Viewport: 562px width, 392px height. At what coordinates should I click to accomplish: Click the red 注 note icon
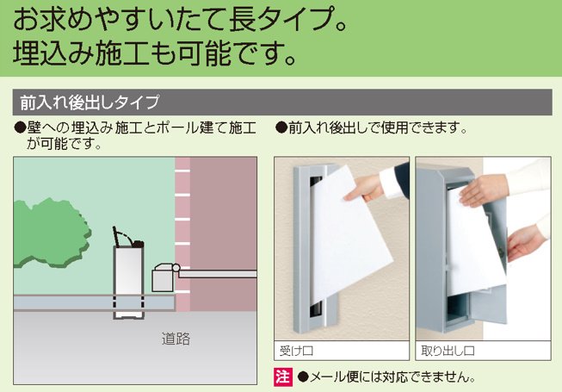(x=283, y=377)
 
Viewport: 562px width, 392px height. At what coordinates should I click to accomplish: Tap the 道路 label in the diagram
(x=176, y=339)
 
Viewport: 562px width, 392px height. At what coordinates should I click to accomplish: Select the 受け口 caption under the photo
(x=296, y=351)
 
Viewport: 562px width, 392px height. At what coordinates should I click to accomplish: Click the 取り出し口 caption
(x=448, y=351)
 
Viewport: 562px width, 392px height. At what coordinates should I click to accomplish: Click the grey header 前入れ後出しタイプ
(x=90, y=103)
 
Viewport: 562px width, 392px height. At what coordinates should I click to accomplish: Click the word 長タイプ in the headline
(x=280, y=20)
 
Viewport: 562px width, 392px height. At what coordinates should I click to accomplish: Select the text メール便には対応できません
(x=392, y=377)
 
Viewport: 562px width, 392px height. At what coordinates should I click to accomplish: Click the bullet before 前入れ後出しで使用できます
(x=281, y=128)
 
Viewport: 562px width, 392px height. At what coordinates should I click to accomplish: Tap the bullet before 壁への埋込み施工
(x=20, y=128)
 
